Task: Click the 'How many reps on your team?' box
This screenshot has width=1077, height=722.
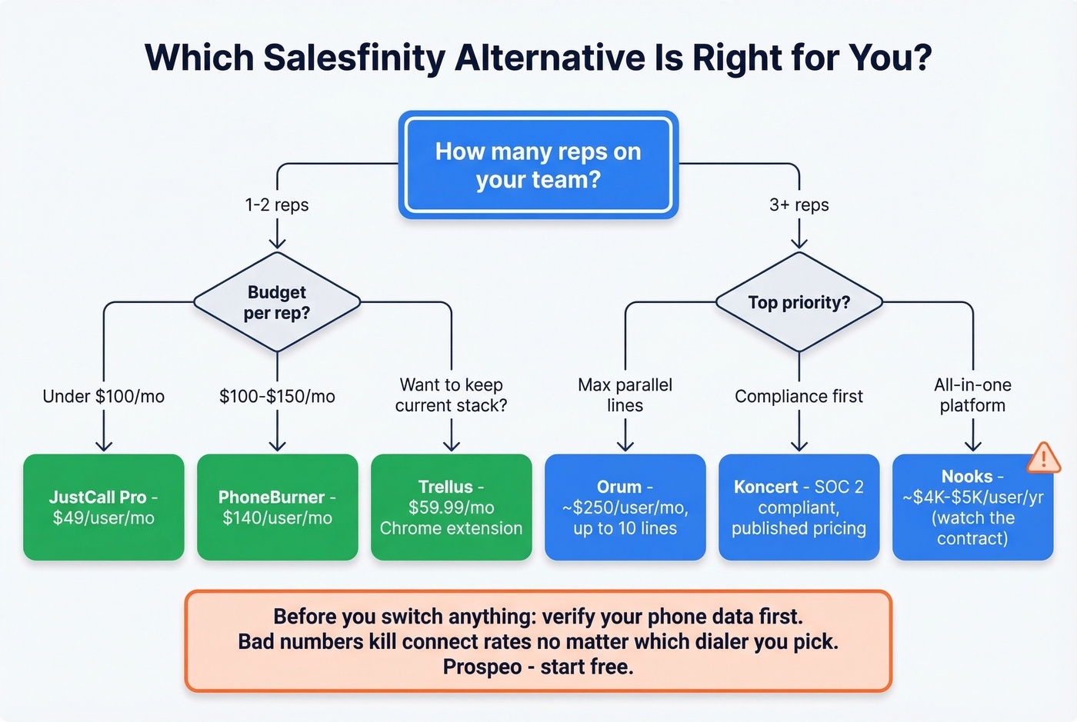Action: (538, 165)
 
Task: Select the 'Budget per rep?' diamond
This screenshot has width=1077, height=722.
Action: (277, 302)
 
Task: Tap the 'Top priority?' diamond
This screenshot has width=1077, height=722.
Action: (799, 302)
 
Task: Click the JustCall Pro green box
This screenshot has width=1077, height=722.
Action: (104, 507)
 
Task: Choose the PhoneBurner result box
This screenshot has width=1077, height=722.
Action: (278, 507)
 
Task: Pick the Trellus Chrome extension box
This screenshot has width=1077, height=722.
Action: (452, 507)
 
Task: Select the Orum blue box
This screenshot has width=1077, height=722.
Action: (625, 507)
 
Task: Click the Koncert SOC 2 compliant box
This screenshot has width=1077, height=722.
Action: (799, 507)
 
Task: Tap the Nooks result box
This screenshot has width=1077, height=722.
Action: (972, 507)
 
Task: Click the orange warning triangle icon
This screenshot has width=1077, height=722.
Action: (1043, 458)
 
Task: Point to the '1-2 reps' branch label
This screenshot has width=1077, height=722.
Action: (277, 205)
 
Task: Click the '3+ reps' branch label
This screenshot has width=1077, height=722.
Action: (799, 205)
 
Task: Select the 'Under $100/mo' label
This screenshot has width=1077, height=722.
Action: (104, 397)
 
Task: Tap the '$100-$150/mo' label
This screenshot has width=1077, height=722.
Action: (278, 397)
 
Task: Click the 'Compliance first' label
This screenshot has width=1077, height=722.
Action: (799, 397)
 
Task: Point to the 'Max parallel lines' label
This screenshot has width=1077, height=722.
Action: (625, 395)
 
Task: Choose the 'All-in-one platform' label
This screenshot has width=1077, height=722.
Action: (972, 395)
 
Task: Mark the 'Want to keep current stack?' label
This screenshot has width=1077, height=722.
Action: (452, 395)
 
